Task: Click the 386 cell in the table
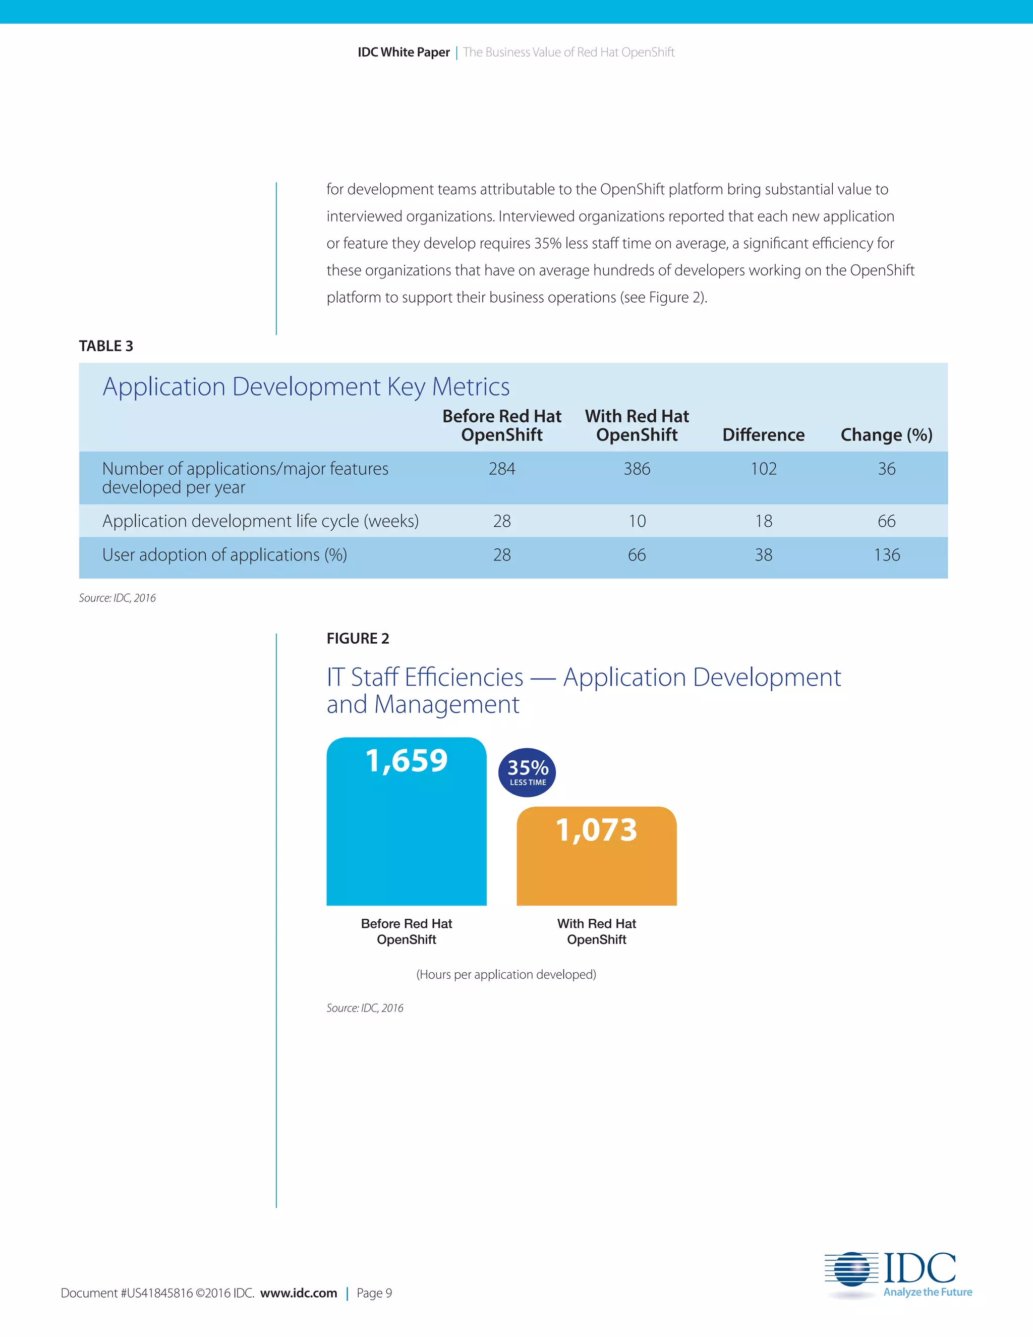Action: [x=637, y=469]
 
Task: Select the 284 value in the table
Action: [x=502, y=469]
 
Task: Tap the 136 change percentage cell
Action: [x=886, y=555]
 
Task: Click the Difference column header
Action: [x=763, y=434]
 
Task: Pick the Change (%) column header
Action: [x=886, y=434]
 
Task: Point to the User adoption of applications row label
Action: [x=224, y=555]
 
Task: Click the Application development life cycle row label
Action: [x=261, y=521]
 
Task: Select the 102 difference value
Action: [x=763, y=469]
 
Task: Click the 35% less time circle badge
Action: [x=528, y=772]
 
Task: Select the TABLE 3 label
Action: [x=106, y=346]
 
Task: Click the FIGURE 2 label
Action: [x=358, y=639]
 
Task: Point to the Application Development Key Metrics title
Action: [x=306, y=387]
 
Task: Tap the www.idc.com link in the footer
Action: [x=299, y=1293]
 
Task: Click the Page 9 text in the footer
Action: [x=374, y=1293]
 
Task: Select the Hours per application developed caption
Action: [x=506, y=974]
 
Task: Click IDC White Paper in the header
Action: [x=404, y=52]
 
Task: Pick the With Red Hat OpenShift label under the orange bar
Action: [x=597, y=931]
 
